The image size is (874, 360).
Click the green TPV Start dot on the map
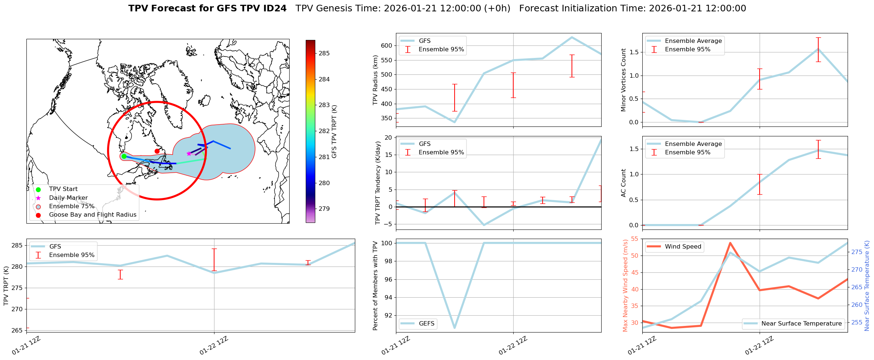click(124, 157)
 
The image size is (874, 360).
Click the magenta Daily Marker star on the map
click(189, 154)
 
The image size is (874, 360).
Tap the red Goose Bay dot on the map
click(157, 151)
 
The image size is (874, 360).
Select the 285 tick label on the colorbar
click(324, 54)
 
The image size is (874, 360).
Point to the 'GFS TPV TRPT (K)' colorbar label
click(334, 132)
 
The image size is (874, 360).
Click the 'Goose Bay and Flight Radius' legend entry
click(92, 215)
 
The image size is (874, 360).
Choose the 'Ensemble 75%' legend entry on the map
click(71, 206)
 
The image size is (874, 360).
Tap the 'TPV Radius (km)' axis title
click(375, 80)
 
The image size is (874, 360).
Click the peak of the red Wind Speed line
click(730, 243)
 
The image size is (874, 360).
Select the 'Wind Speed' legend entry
click(683, 247)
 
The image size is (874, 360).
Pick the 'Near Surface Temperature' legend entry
click(801, 324)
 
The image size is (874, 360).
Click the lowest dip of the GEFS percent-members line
click(455, 328)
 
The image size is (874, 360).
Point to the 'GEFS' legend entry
click(426, 324)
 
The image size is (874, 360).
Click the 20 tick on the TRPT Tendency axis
click(389, 138)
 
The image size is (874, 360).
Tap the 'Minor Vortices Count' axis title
click(624, 80)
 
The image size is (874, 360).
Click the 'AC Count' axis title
click(624, 183)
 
